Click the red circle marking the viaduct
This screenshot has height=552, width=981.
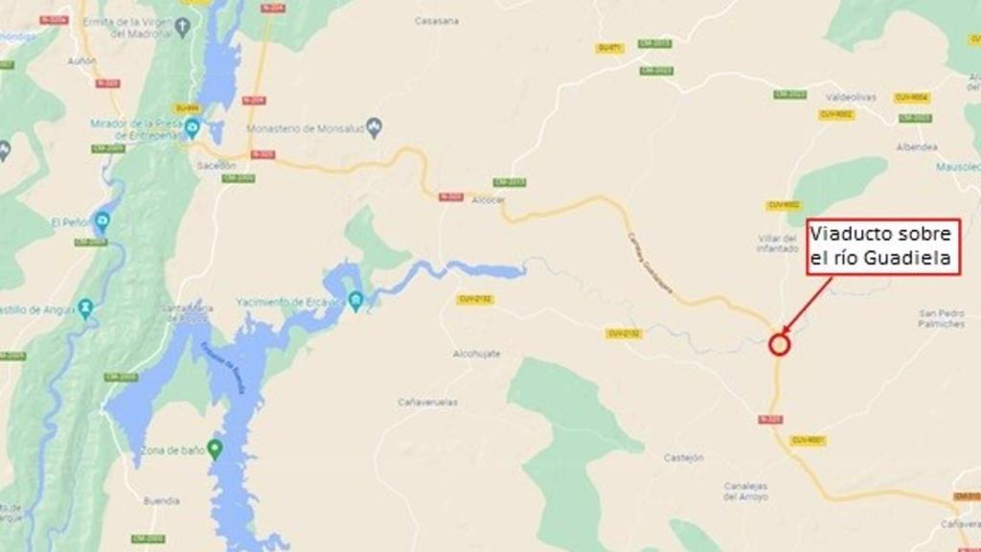779,344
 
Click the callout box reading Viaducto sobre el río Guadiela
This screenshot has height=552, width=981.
882,247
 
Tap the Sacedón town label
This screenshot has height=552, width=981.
216,165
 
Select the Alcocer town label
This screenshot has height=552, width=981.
489,199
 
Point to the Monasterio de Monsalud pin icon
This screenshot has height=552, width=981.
375,126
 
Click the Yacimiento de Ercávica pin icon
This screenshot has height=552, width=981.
355,301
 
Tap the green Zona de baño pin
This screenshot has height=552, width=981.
215,448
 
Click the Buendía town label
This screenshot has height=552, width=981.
161,500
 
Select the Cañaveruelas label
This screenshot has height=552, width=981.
427,402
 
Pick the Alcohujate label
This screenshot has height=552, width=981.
476,354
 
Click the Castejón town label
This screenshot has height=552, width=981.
683,458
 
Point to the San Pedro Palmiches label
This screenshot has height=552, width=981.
942,318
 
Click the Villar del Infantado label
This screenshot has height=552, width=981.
777,242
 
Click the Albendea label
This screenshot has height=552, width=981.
917,148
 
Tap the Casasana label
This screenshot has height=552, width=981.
436,20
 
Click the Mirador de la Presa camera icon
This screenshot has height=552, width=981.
193,127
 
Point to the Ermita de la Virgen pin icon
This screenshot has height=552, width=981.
182,25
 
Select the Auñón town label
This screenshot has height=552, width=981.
81,60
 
